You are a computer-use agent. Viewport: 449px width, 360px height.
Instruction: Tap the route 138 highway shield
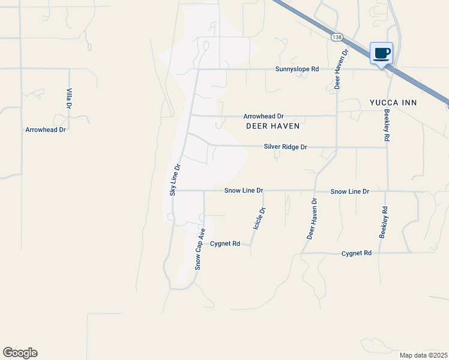coord(336,37)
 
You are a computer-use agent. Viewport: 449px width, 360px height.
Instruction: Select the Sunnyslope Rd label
coord(297,69)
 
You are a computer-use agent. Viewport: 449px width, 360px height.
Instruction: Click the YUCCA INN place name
coord(393,103)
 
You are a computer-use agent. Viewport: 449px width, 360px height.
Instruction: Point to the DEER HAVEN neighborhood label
coord(273,127)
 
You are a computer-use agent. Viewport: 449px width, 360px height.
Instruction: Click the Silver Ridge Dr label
coord(286,146)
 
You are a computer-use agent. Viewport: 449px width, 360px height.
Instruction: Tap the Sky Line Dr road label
coord(174,180)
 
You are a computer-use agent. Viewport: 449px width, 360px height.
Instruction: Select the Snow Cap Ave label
coord(199,248)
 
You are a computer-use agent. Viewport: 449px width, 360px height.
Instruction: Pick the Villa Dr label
coord(69,98)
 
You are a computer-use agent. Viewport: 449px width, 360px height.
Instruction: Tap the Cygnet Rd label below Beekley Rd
coord(357,253)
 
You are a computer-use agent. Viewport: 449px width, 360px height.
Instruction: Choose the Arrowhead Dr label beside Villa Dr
coord(46,130)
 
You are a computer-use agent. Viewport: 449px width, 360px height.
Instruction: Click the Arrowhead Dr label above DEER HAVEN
coord(263,116)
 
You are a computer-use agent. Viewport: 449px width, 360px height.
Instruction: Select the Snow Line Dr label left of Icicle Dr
coord(244,190)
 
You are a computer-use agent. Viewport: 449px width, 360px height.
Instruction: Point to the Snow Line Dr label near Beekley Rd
coord(349,191)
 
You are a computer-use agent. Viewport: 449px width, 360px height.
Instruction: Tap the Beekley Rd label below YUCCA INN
coord(387,125)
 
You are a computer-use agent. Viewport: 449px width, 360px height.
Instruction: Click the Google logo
coord(20,353)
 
